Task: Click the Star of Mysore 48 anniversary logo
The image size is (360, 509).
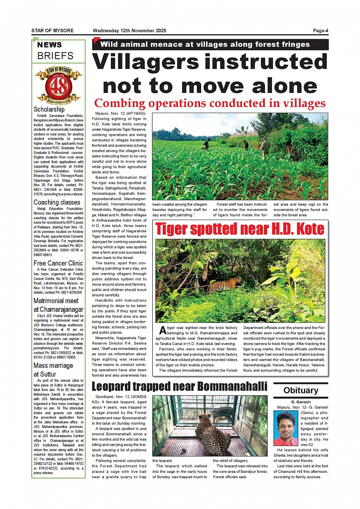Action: [58, 86]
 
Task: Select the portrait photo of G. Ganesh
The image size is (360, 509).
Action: [286, 428]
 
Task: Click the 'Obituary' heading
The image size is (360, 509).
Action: [301, 390]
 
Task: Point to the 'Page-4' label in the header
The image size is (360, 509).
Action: [320, 31]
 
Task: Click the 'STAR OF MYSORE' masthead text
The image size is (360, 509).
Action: [53, 31]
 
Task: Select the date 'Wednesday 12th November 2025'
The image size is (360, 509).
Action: [129, 31]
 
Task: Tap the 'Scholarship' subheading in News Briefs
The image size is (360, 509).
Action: [49, 109]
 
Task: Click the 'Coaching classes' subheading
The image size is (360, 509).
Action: [57, 202]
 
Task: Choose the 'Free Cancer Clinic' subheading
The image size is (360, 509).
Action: [58, 263]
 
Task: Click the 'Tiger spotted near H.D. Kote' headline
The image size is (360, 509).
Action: [240, 229]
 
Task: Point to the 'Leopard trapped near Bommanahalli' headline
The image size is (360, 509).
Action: [179, 386]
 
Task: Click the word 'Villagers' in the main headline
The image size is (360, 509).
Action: [146, 62]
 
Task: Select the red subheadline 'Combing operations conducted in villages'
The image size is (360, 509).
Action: [210, 103]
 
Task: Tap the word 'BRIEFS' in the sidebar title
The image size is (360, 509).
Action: [55, 56]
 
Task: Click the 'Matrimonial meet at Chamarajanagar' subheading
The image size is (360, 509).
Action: [58, 305]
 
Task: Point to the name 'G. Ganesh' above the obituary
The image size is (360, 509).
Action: [301, 402]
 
